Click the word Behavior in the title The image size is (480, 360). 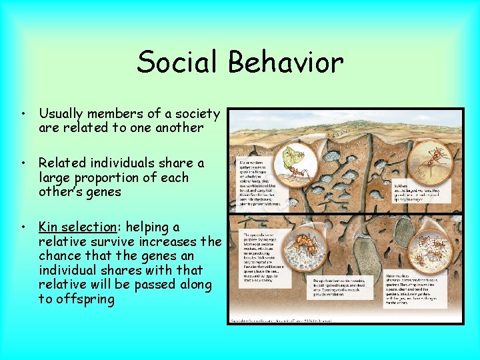point(285,63)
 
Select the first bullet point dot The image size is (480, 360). point(24,114)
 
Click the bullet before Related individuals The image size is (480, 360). point(24,163)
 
